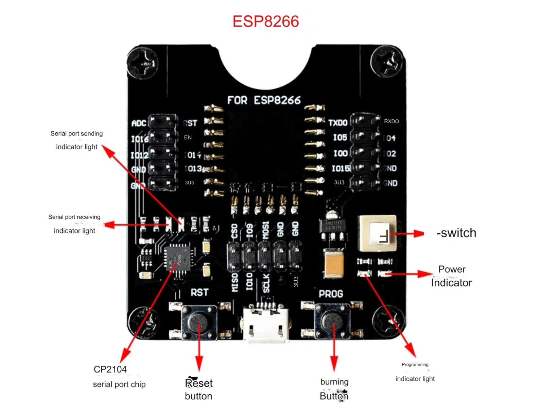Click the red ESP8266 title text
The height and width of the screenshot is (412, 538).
coord(265,21)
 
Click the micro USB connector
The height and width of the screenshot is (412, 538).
coord(266,325)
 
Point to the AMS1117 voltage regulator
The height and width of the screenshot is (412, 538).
coord(333,226)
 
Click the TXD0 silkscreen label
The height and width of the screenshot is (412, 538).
coord(337,122)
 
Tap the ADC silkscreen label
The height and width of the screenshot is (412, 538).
coord(139,123)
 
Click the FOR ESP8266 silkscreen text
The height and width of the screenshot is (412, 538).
coord(264,100)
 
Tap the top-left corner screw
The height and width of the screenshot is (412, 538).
coord(143,63)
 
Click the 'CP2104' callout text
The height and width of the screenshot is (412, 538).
coord(110,369)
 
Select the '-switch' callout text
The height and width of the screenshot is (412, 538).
coord(456,233)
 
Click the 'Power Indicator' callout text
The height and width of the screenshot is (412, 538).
coord(451,276)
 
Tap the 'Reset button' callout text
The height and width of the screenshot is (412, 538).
coord(198,390)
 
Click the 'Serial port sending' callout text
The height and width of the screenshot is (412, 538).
coord(76,134)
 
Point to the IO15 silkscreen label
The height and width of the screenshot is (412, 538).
coord(341,168)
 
